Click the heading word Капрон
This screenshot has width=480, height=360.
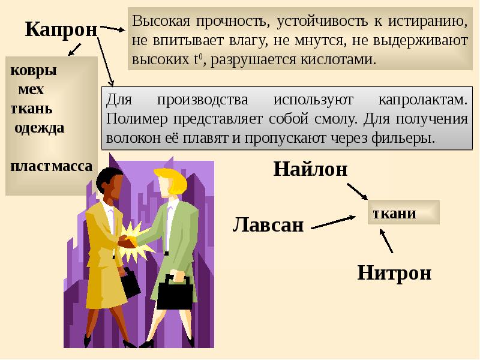coord(61,29)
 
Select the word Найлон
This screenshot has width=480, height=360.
coord(310,169)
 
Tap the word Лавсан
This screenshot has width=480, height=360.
coord(268,225)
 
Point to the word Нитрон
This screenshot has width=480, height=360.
coord(394,272)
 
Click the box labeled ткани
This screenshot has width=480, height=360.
coord(403,212)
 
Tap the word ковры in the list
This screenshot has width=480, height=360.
coord(34,70)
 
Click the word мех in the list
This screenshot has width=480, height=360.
coord(31,89)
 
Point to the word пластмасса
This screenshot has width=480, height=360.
coord(52,166)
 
